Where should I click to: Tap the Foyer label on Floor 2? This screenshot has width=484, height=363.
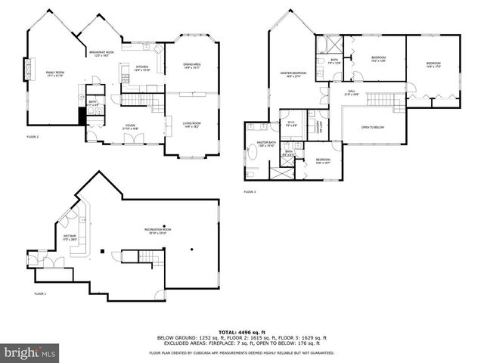point(130,127)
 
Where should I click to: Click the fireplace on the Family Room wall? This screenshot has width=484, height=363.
point(29,70)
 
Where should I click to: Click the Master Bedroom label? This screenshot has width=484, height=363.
point(292,74)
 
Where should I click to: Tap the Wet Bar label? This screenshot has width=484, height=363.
point(70,238)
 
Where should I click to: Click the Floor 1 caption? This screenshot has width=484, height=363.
point(40,293)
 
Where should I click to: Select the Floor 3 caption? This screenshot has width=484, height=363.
point(250,192)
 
